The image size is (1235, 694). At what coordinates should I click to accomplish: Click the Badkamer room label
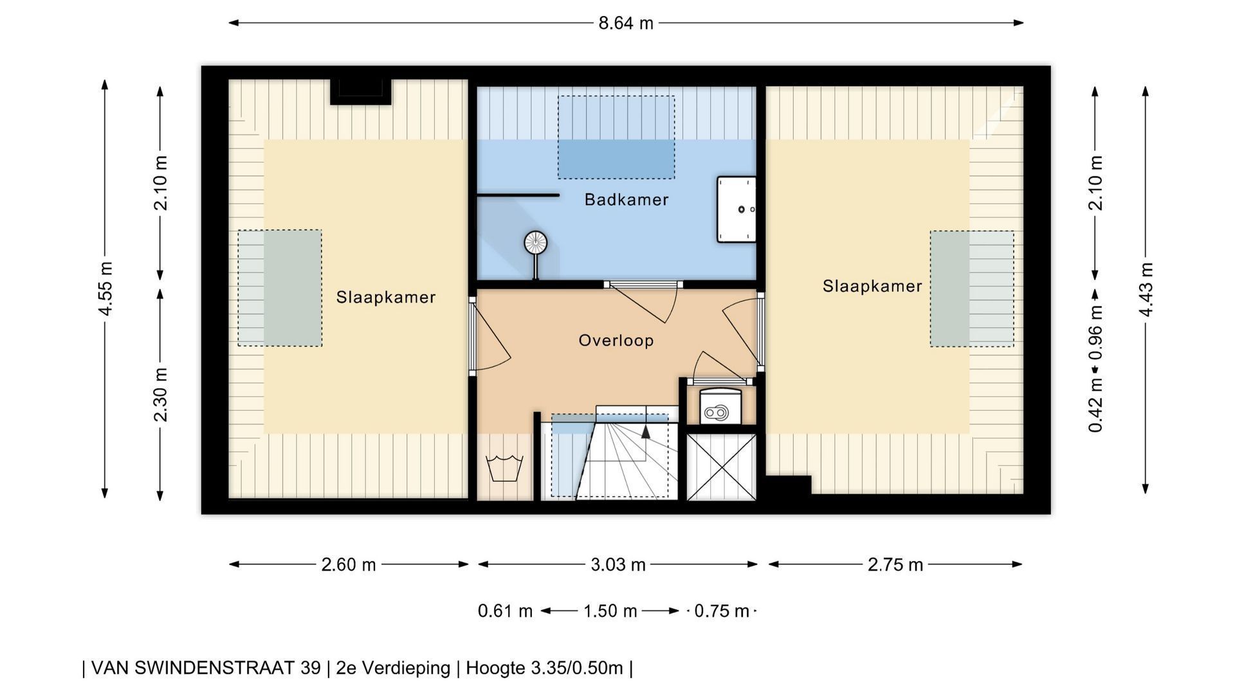click(x=627, y=200)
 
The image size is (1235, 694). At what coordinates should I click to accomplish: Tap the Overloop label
click(x=616, y=341)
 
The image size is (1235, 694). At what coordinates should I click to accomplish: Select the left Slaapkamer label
click(x=386, y=298)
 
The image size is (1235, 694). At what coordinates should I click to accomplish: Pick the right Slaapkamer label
click(x=872, y=287)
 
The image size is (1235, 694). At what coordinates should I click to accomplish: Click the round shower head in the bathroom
click(x=535, y=242)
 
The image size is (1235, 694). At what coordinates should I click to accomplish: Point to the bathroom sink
click(x=736, y=209)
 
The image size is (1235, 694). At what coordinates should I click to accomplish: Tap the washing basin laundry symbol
click(x=506, y=468)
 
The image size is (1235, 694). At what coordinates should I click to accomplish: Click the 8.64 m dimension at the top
click(x=626, y=24)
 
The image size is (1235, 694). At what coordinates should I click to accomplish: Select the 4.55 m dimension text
click(x=105, y=289)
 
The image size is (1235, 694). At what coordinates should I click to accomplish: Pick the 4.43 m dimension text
click(x=1146, y=289)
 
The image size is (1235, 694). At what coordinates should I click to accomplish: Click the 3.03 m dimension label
click(x=618, y=565)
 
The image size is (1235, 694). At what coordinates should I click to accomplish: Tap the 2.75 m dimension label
click(x=895, y=565)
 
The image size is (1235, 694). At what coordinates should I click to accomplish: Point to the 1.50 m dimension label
click(x=610, y=611)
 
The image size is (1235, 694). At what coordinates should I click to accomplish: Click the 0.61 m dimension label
click(x=505, y=611)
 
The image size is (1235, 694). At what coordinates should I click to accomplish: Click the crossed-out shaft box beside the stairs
click(x=721, y=467)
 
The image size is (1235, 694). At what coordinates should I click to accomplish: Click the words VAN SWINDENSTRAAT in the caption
click(x=206, y=668)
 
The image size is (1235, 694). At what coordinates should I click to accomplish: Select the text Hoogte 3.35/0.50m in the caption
click(x=544, y=668)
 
